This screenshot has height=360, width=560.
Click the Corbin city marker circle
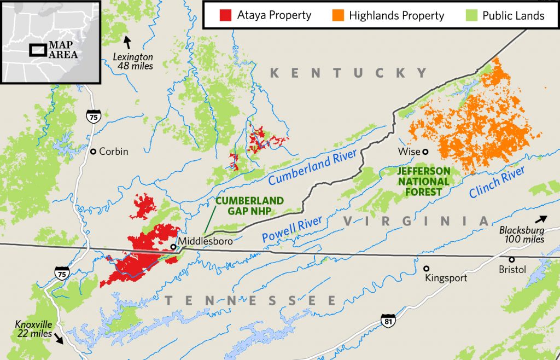tap(94, 152)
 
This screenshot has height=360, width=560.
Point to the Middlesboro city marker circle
tap(173, 247)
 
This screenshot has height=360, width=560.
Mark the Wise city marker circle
tap(425, 152)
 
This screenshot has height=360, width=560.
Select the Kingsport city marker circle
tap(426, 268)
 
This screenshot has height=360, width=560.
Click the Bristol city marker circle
tap(512, 259)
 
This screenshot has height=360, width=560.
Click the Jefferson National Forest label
tap(424, 181)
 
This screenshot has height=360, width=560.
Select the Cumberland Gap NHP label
tap(249, 206)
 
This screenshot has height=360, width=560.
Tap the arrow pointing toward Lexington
tap(128, 42)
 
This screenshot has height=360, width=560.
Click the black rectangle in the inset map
tap(38, 50)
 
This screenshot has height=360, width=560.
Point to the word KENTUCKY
tap(348, 73)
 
